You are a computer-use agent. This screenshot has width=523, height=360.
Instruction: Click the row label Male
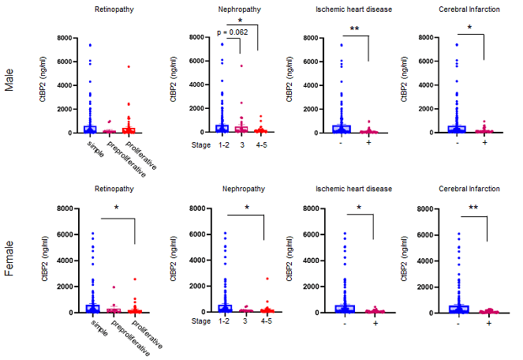pyautogui.click(x=9, y=84)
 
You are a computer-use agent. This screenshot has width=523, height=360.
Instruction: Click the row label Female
pyautogui.click(x=9, y=260)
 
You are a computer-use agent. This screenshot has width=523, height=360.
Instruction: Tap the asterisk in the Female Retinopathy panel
pyautogui.click(x=116, y=208)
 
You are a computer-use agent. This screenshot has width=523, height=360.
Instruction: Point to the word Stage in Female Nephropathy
pyautogui.click(x=203, y=322)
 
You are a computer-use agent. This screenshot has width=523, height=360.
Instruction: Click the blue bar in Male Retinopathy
pyautogui.click(x=90, y=129)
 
